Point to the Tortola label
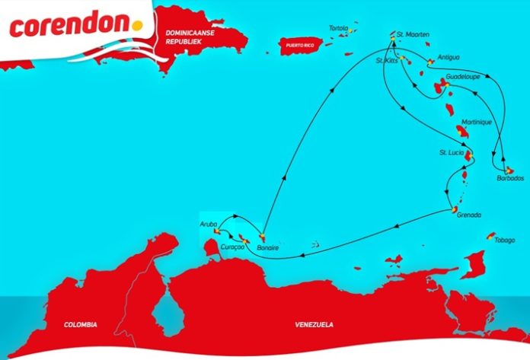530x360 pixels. [337, 28]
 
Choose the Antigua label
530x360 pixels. [450, 58]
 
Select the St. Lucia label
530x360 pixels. [450, 153]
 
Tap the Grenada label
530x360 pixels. [469, 215]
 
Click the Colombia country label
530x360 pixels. [81, 325]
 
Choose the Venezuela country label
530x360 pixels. [314, 325]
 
